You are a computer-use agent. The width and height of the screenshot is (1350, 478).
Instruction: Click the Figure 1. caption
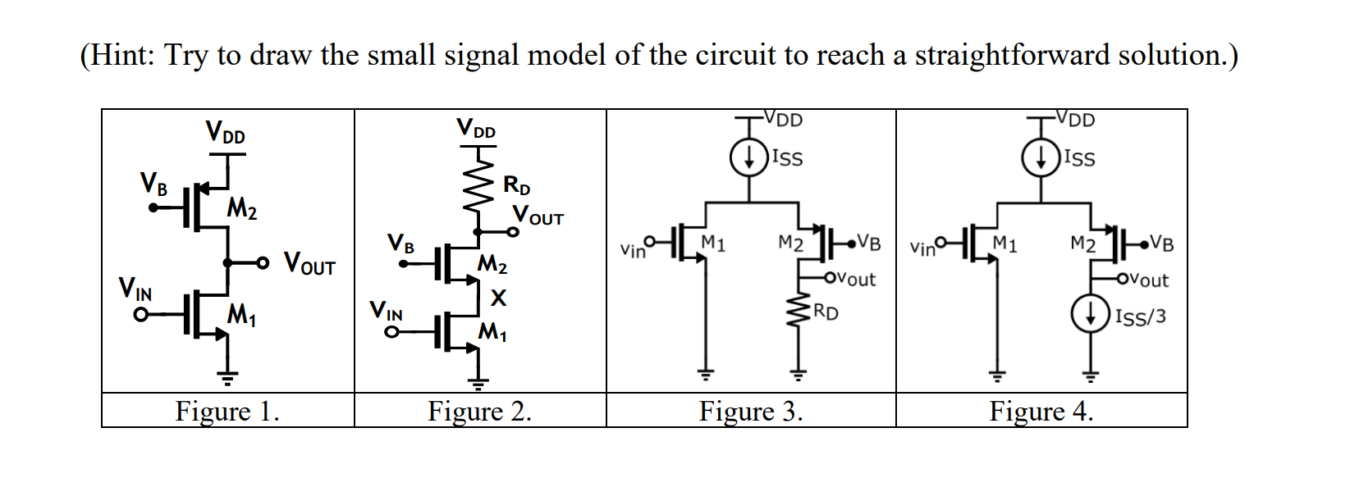227,411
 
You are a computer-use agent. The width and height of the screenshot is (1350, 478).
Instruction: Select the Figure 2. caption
479,411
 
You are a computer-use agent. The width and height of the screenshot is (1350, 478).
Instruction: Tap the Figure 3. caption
750,411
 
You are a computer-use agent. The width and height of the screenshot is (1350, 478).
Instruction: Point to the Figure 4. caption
1041,411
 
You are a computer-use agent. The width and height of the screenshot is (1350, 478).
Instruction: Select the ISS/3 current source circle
1089,314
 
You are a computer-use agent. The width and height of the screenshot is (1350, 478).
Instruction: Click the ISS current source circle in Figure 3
748,158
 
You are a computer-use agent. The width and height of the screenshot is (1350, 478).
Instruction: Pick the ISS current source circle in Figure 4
1040,158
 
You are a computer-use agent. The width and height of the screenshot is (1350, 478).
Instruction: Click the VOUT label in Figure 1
309,264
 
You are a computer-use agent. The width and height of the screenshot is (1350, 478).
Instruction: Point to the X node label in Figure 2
498,298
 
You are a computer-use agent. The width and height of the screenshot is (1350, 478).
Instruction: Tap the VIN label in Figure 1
135,289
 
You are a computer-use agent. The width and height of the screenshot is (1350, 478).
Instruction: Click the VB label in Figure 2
401,244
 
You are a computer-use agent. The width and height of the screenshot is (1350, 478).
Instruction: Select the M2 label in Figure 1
242,209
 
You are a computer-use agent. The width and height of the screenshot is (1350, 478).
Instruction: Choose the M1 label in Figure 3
713,243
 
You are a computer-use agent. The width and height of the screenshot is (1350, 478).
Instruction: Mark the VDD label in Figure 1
225,131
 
